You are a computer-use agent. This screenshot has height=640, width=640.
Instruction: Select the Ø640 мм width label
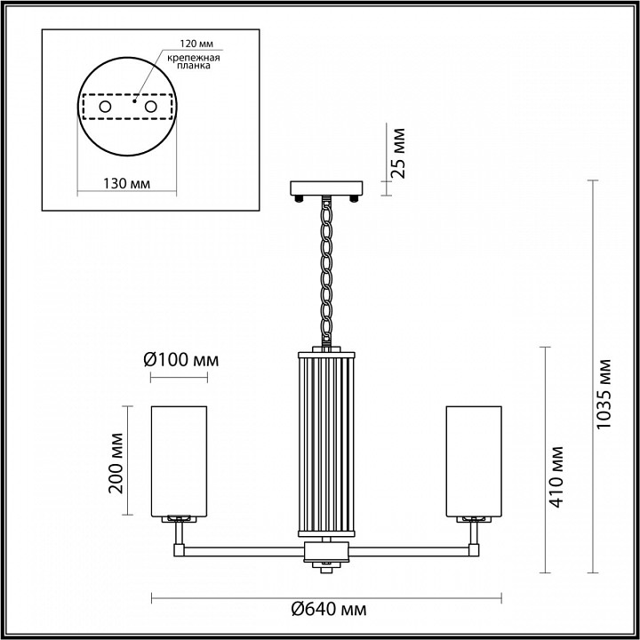tap(329, 610)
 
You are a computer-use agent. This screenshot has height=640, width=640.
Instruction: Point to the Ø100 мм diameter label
tap(180, 361)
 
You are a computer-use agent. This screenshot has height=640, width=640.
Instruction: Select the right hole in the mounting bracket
tap(151, 107)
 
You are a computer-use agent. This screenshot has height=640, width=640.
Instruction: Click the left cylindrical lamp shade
tap(180, 460)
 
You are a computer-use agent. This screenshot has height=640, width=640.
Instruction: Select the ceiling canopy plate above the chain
tap(327, 188)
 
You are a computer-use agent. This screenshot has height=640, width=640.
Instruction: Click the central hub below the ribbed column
tap(327, 552)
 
